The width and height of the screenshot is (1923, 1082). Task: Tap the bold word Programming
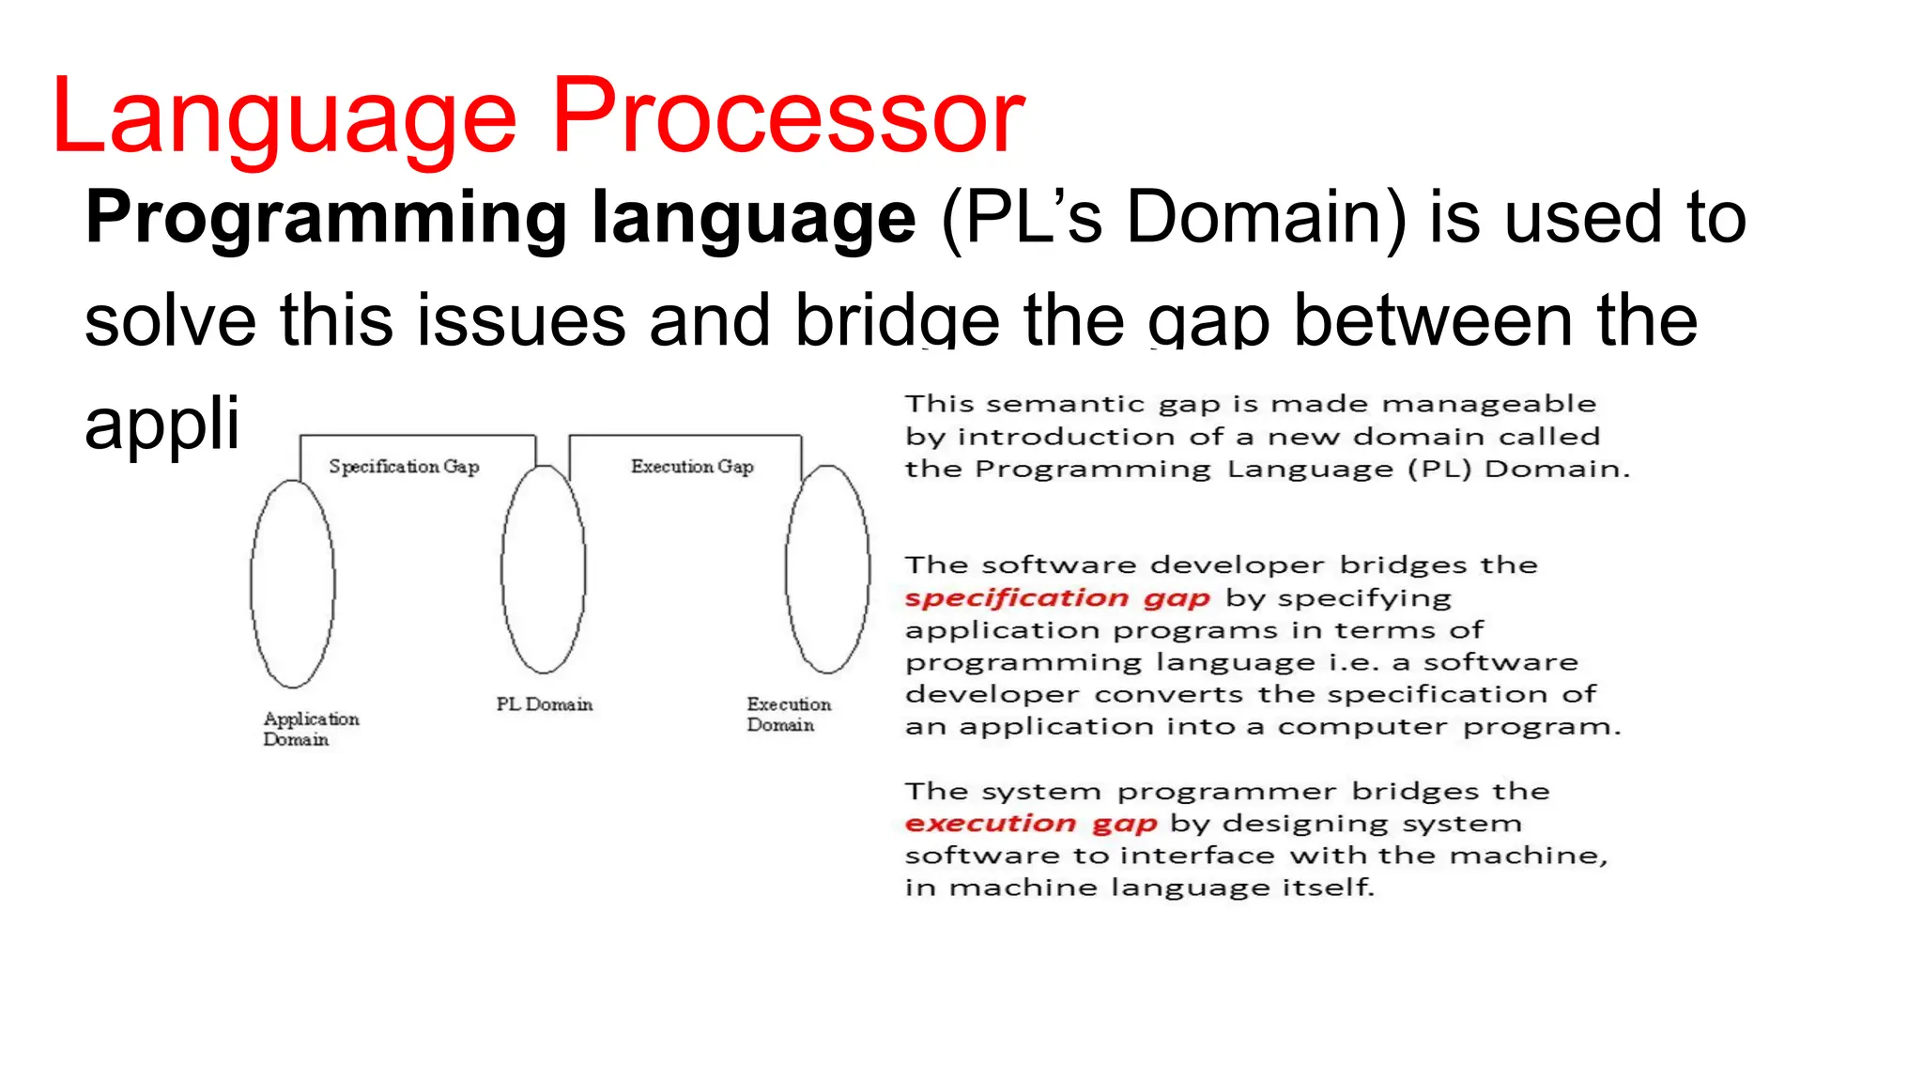click(x=325, y=219)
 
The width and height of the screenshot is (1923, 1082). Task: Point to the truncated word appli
click(x=162, y=424)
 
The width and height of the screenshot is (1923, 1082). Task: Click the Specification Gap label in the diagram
click(x=404, y=467)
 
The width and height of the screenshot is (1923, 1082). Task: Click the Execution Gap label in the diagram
click(x=692, y=467)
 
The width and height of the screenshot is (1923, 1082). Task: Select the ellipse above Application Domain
click(x=293, y=583)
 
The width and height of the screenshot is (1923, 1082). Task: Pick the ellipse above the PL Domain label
click(x=544, y=569)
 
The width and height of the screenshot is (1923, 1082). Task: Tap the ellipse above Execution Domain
click(x=827, y=569)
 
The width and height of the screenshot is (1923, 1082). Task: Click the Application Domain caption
click(x=310, y=729)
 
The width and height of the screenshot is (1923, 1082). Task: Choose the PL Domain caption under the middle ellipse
click(x=545, y=704)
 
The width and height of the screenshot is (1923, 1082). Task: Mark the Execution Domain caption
click(x=788, y=714)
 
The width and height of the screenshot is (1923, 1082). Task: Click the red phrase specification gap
click(x=1057, y=598)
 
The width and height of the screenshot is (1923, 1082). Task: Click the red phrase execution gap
click(x=1030, y=824)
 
